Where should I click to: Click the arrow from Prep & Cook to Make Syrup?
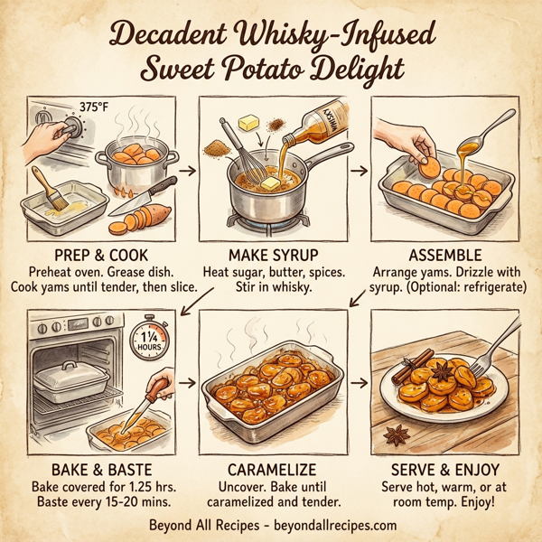click(188, 169)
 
